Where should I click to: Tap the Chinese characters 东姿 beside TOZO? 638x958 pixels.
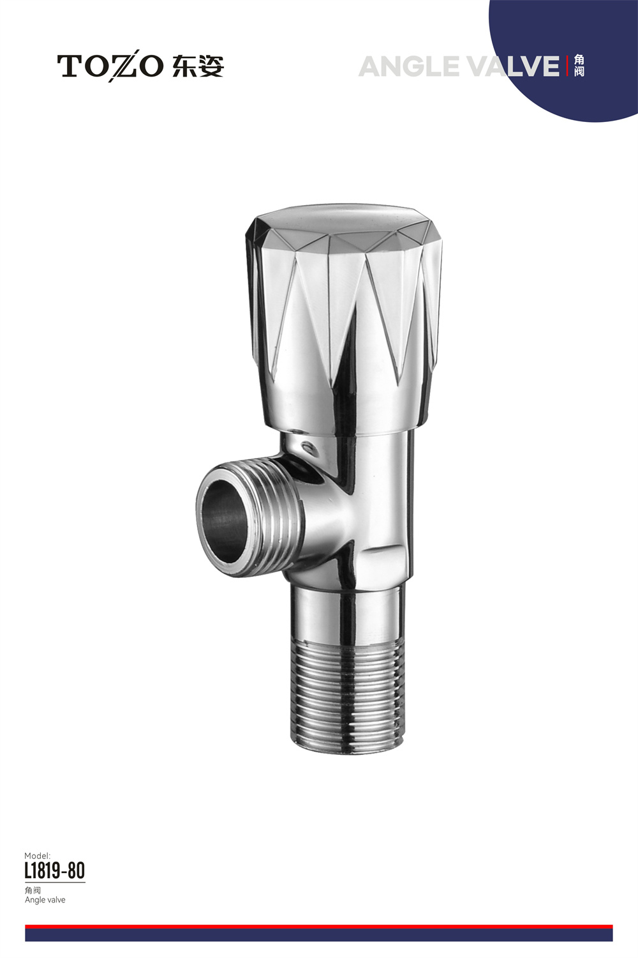[x=198, y=66]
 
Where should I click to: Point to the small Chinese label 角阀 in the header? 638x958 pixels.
[x=579, y=66]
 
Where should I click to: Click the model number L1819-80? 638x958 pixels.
[x=54, y=871]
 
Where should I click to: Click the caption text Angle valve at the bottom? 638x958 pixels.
[x=45, y=900]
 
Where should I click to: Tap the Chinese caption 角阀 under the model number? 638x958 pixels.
[x=33, y=890]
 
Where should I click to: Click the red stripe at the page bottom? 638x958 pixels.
[x=319, y=926]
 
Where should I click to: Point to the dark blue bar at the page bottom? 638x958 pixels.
[x=319, y=934]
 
